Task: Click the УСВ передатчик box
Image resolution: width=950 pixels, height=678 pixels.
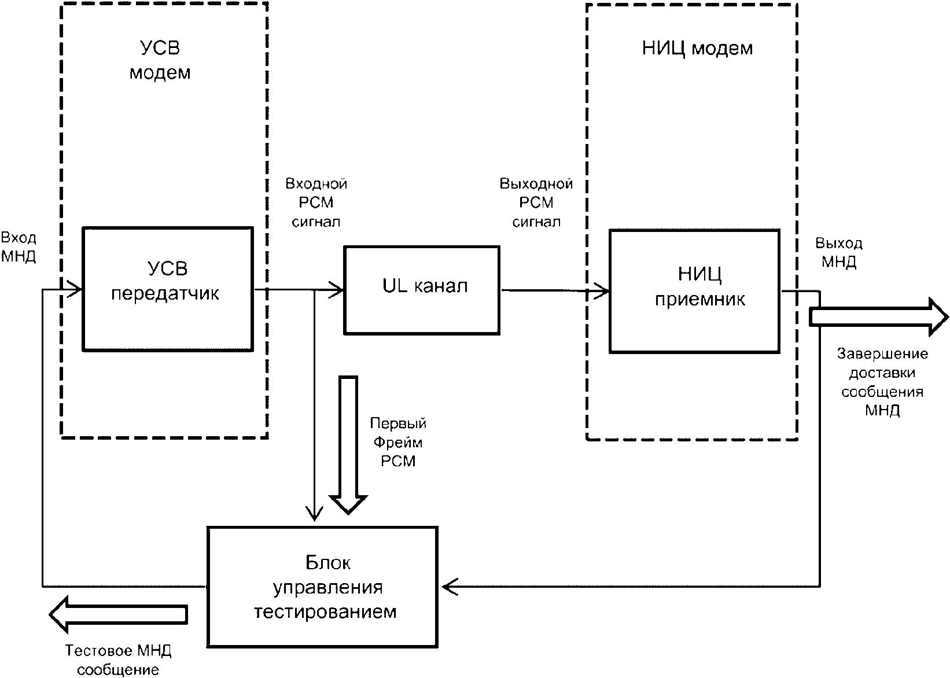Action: (167, 289)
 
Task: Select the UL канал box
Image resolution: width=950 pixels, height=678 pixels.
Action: (422, 290)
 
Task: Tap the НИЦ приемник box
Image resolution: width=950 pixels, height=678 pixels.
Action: (694, 291)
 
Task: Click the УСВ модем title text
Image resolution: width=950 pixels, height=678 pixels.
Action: (160, 60)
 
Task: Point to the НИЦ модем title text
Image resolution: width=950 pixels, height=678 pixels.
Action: (697, 48)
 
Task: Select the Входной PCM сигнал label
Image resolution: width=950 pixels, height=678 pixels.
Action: (316, 202)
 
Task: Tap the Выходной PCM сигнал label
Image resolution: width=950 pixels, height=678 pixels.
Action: (536, 202)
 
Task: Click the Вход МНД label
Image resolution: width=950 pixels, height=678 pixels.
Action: (19, 247)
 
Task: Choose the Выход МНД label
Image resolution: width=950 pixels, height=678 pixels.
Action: (838, 252)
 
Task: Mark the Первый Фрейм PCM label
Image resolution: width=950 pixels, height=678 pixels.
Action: (398, 442)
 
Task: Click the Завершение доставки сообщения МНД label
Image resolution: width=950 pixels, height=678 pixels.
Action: (882, 382)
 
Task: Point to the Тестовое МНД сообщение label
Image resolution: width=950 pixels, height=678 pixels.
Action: (118, 660)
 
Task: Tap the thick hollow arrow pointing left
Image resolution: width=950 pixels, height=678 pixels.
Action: (118, 614)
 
